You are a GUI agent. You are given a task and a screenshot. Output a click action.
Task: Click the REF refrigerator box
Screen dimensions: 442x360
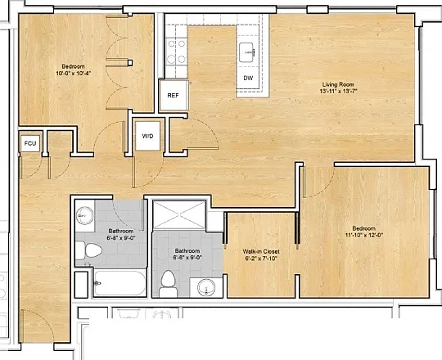click(x=174, y=96)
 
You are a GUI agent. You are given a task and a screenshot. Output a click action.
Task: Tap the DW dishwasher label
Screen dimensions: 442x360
click(x=248, y=78)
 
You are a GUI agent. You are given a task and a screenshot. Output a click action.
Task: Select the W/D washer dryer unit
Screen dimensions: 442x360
click(x=147, y=137)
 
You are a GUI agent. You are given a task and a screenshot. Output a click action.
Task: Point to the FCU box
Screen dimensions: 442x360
click(x=30, y=143)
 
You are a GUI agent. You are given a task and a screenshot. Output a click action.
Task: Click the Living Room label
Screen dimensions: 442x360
click(x=338, y=84)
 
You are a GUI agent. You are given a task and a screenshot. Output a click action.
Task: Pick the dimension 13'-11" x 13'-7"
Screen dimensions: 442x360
click(x=338, y=92)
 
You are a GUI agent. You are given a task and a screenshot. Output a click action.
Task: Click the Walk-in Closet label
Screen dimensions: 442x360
click(x=261, y=251)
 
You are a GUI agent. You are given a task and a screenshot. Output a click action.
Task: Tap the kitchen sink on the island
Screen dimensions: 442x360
click(x=247, y=52)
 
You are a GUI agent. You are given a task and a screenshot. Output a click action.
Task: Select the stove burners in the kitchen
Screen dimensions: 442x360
click(x=176, y=52)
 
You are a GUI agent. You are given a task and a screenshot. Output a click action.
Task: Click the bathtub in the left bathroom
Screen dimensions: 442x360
click(x=120, y=283)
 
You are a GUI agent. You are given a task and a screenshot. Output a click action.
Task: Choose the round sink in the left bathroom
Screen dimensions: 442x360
click(x=84, y=215)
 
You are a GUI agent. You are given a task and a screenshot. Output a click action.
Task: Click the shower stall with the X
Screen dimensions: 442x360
click(x=179, y=214)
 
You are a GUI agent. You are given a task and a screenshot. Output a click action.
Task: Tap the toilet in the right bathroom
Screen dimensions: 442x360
click(x=169, y=284)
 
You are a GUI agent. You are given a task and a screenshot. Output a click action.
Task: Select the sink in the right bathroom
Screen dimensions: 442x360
click(x=206, y=288)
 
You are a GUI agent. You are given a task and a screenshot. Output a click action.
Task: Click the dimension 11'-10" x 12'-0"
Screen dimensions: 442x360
click(x=363, y=235)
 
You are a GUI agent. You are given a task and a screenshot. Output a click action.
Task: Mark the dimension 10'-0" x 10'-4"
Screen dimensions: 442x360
click(x=74, y=74)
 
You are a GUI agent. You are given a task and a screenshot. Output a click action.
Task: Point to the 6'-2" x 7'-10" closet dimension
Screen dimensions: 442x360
click(x=261, y=259)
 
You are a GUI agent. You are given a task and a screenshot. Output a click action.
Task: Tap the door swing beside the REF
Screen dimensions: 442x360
click(x=195, y=134)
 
